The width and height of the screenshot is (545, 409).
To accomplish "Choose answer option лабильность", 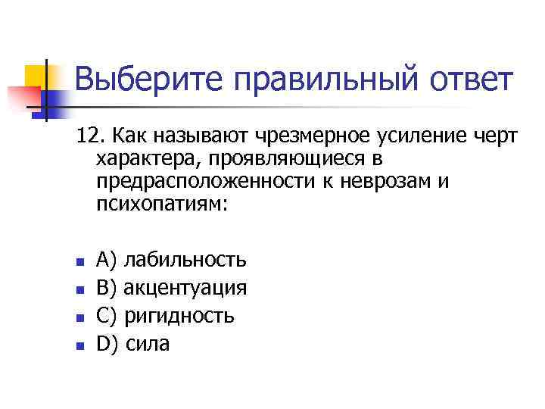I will (185, 261).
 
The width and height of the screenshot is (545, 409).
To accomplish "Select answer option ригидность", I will (179, 316).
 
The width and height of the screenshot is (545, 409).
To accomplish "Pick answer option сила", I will (148, 344).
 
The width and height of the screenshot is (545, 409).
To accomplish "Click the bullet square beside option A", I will (78, 262).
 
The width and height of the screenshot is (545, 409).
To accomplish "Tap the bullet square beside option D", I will (78, 345).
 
